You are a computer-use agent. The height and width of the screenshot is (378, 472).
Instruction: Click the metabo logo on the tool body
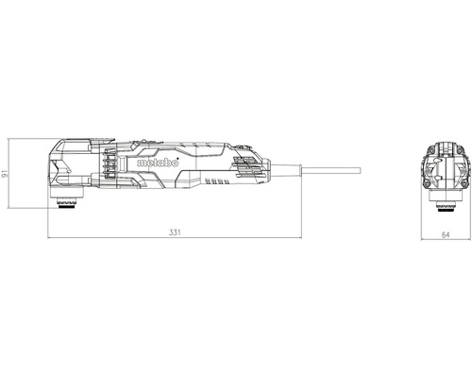(158, 163)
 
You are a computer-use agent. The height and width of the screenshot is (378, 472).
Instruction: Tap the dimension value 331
(175, 232)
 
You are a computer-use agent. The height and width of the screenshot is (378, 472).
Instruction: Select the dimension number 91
(4, 173)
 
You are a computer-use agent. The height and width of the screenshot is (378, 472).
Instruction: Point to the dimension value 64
(446, 234)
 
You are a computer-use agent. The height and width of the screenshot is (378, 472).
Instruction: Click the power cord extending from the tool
(331, 170)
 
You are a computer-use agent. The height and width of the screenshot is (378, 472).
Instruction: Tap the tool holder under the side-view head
(67, 201)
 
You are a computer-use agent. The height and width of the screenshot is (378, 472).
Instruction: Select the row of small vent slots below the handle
(217, 181)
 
